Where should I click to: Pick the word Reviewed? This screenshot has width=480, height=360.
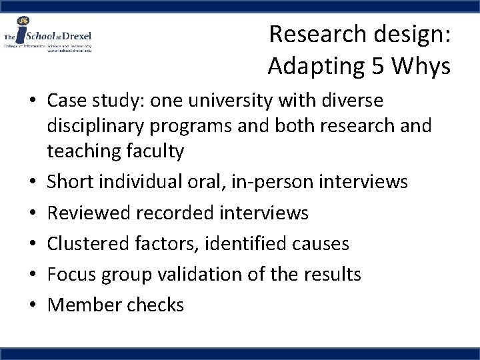click(x=89, y=213)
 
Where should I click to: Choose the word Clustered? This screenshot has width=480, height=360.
click(x=89, y=243)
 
